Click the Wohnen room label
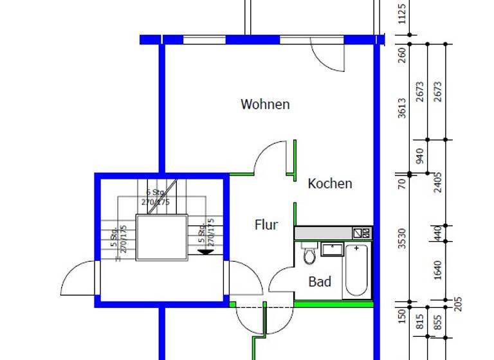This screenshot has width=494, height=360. (x=265, y=104)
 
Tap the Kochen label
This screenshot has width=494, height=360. (x=330, y=184)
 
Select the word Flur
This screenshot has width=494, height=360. (x=266, y=225)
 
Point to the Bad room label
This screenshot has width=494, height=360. (x=320, y=282)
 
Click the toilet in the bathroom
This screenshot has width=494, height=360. (x=309, y=255)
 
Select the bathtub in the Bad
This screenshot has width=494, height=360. (x=356, y=270)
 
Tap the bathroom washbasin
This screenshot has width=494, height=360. (x=333, y=249)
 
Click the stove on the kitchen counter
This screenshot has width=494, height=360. (x=362, y=233)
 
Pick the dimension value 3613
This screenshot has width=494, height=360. (x=403, y=108)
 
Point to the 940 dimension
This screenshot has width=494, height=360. (x=421, y=156)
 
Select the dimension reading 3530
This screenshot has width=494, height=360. (x=403, y=238)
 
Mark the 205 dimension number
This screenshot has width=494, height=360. (x=458, y=303)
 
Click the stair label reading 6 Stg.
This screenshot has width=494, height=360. (x=156, y=192)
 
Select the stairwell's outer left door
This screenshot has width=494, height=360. (x=78, y=278)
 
